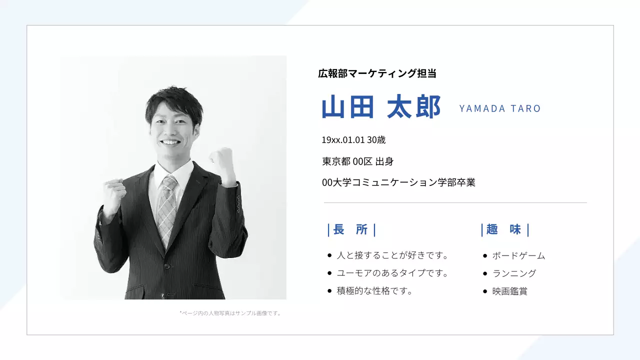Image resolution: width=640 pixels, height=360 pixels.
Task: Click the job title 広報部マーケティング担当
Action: click(377, 73)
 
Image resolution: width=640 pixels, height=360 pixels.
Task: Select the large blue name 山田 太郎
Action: click(381, 107)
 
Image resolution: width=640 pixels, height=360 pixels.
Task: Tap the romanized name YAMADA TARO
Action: click(500, 108)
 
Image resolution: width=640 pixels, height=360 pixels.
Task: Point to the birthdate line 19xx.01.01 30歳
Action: click(353, 140)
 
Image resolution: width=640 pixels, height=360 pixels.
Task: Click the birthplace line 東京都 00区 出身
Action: click(358, 161)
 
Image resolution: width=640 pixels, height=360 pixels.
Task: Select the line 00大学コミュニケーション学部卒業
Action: click(398, 182)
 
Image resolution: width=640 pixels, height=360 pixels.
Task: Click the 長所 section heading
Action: click(351, 229)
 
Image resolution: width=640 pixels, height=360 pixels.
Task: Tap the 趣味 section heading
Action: click(504, 229)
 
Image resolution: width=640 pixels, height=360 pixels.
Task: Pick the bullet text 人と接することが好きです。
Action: click(392, 255)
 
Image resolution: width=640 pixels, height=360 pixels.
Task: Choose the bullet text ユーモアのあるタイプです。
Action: click(392, 273)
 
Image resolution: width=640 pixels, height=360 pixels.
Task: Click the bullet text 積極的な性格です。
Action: click(374, 291)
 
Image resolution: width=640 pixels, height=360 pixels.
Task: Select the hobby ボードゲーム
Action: click(518, 256)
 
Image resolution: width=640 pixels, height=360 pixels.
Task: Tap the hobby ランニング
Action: click(514, 273)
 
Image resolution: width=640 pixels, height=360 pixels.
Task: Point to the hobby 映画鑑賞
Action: click(510, 291)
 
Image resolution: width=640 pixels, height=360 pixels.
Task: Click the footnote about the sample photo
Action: click(230, 313)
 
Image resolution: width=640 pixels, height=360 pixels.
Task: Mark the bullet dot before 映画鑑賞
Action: click(485, 291)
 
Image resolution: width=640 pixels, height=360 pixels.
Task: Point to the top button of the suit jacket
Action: click(167, 264)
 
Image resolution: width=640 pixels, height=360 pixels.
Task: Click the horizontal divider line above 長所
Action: click(455, 203)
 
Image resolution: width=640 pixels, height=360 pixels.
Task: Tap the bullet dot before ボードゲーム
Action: click(485, 256)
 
